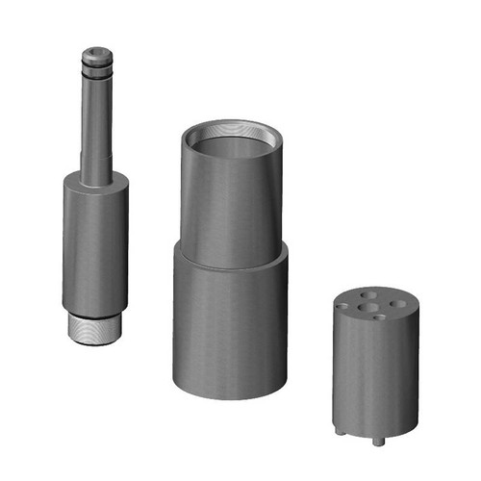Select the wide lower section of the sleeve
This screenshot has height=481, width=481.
tap(231, 327)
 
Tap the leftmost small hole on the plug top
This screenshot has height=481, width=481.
tap(349, 305)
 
